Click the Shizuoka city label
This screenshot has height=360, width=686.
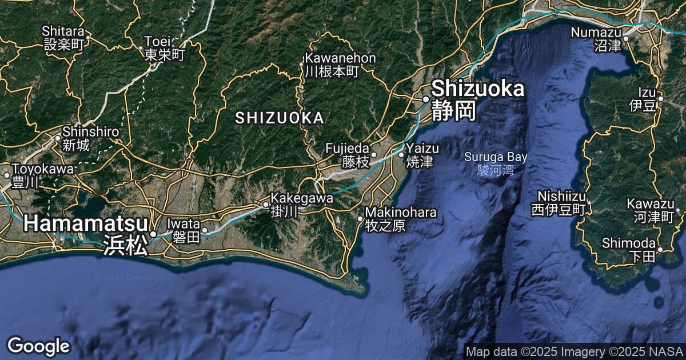477,98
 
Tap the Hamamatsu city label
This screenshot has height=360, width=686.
85,233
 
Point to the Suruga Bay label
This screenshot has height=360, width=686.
496,162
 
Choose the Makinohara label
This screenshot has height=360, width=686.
400,219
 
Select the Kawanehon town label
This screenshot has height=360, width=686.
340,65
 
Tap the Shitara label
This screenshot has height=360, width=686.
64,37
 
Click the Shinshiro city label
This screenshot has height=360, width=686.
90,138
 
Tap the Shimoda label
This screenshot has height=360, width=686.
628,249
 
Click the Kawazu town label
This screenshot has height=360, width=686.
651,210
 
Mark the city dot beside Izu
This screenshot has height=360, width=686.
660,99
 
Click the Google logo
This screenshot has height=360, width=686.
38,346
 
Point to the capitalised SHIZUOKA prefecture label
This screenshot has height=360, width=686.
280,118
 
